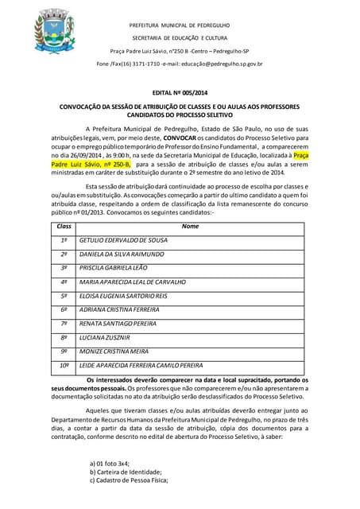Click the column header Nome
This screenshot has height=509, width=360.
coord(190,226)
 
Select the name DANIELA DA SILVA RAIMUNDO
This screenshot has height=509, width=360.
coord(122,254)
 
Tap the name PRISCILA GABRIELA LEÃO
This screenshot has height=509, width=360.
coord(114,268)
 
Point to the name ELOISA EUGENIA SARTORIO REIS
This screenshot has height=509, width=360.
coord(123,296)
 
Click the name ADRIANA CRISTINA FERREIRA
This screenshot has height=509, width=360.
coord(119,309)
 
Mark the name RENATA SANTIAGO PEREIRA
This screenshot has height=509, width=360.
coord(118,324)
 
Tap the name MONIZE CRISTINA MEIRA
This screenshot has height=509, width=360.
coord(114,352)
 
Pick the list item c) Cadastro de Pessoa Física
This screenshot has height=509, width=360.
coord(129,480)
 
